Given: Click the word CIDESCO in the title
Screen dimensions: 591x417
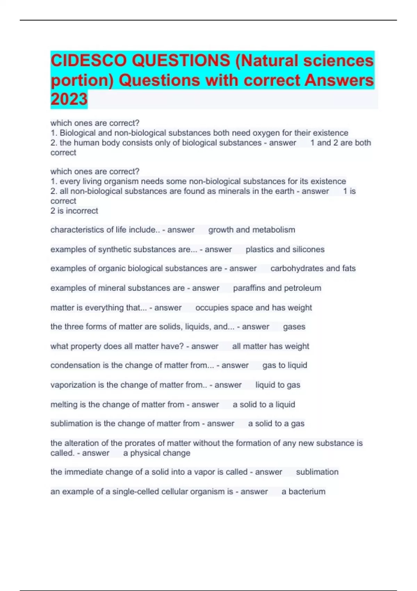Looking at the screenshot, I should pyautogui.click(x=88, y=61).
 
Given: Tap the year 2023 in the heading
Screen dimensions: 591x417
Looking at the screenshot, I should pyautogui.click(x=69, y=99).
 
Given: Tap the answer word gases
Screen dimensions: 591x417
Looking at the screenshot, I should pyautogui.click(x=294, y=327).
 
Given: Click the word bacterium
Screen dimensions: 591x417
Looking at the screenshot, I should pyautogui.click(x=307, y=492).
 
